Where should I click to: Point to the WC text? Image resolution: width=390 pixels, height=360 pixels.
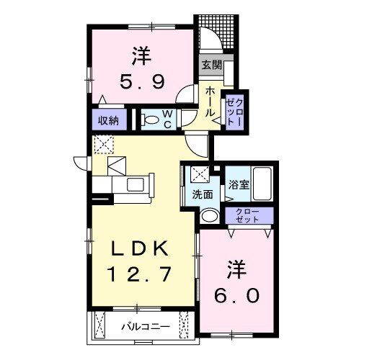tap(167, 119)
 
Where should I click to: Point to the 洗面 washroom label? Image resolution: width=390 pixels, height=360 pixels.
tap(203, 194)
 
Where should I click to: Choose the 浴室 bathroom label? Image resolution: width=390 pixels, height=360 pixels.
tap(239, 184)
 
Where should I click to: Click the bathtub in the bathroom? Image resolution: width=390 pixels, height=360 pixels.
tap(262, 184)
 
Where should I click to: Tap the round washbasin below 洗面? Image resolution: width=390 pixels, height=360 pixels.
tap(209, 215)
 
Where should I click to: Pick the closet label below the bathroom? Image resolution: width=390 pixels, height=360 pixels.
tap(249, 215)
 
